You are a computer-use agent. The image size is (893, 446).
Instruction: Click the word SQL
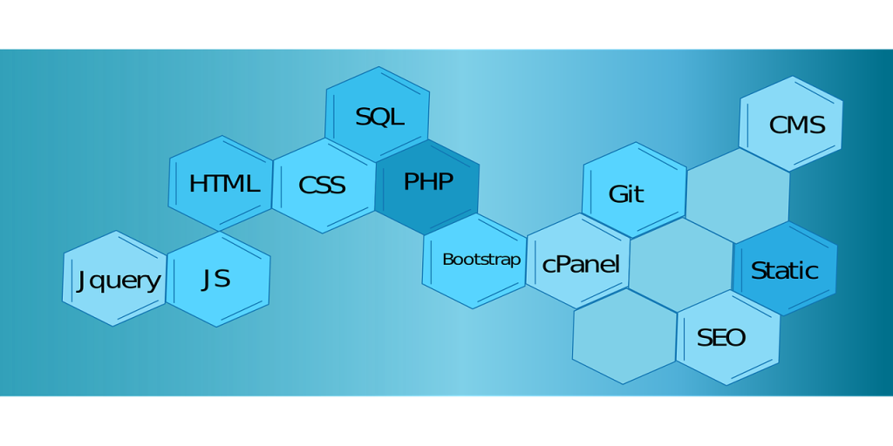click(x=379, y=117)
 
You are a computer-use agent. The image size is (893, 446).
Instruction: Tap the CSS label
click(x=322, y=186)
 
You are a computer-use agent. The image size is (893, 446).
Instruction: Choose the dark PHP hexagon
click(x=427, y=182)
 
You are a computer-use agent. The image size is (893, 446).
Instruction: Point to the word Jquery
click(x=119, y=280)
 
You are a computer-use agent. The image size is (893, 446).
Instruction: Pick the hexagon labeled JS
click(x=218, y=280)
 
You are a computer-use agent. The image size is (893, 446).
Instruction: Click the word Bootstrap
click(x=481, y=260)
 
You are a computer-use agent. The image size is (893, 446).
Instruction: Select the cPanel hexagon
click(x=579, y=262)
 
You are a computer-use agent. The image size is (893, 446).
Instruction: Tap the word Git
click(x=626, y=194)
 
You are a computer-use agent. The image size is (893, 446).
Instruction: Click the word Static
click(x=785, y=270)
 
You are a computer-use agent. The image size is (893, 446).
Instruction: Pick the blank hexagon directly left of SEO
click(x=624, y=335)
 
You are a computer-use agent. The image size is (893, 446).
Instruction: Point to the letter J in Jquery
click(x=82, y=280)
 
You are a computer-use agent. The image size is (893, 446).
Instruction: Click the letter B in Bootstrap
click(x=447, y=260)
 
